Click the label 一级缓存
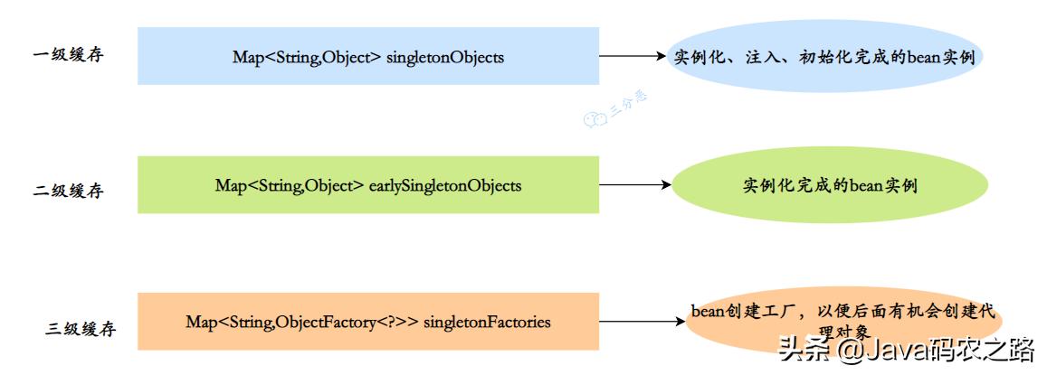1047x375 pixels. coord(68,54)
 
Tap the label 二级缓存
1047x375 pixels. coord(68,191)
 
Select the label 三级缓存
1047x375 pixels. coord(81,329)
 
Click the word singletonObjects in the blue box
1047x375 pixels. coord(445,57)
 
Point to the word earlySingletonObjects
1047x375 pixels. coord(445,185)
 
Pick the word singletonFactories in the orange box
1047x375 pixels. coord(487,322)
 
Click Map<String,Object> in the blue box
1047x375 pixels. coord(308,57)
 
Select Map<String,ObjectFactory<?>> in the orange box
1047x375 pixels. coord(302,322)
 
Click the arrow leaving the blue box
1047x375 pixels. coord(632,56)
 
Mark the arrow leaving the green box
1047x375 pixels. coord(633,185)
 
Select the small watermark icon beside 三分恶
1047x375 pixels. coord(595,118)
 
